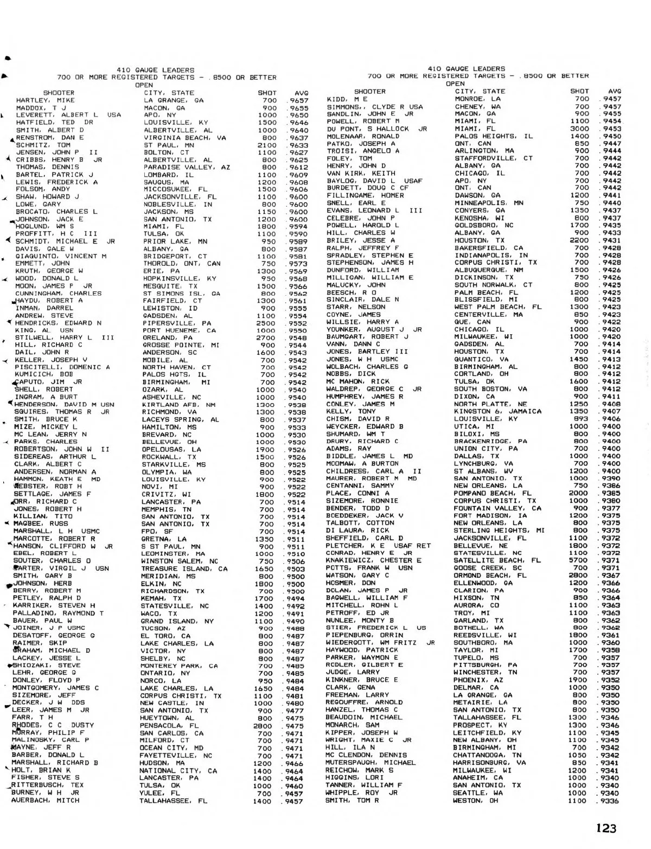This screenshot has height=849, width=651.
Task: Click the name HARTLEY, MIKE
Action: pos(38,100)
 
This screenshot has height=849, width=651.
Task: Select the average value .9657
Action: pos(298,100)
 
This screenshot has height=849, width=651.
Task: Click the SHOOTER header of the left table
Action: pos(59,93)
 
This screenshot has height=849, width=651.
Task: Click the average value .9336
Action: pos(610,800)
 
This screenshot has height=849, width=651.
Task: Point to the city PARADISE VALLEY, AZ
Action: pos(187,168)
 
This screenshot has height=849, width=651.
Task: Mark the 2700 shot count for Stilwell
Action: pos(266,338)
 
